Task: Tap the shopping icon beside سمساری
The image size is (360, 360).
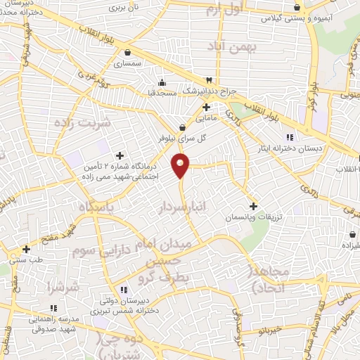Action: pos(127,52)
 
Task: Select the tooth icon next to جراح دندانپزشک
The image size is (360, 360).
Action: pos(208,79)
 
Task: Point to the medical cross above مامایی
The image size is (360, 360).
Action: pos(206,107)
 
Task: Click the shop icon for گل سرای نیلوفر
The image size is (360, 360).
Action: pos(183,127)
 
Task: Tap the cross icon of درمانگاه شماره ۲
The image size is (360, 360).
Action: pos(120,155)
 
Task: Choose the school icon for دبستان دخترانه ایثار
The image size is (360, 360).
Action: pos(290,136)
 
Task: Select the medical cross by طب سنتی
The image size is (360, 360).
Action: pos(26,249)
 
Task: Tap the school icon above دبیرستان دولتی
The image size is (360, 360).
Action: pos(123,289)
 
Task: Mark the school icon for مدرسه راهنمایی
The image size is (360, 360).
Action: pos(53,308)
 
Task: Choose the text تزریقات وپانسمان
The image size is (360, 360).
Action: pos(248,219)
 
